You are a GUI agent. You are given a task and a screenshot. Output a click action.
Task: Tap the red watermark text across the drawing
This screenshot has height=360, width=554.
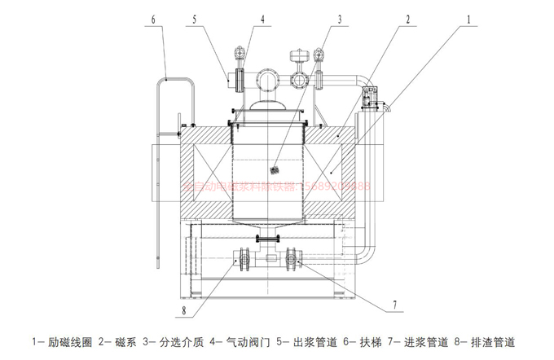pos(277,186)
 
